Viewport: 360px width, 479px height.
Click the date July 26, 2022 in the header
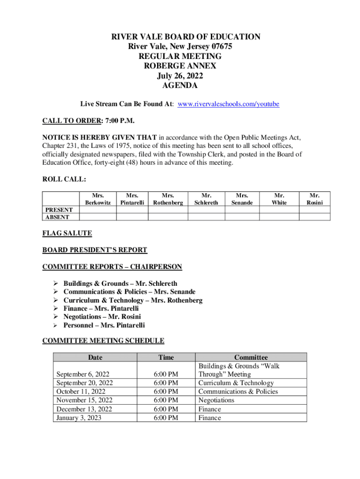[180, 76]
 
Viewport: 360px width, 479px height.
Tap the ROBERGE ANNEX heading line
[180, 66]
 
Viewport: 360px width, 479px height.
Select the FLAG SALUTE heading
[67, 233]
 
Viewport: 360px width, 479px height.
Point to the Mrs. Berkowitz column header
[98, 199]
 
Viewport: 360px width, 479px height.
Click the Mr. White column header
[279, 199]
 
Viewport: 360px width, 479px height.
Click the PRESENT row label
[58, 210]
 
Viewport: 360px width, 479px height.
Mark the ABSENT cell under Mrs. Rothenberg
[168, 217]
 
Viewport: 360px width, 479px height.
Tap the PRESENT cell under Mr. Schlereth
[206, 210]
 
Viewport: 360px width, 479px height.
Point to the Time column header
[166, 357]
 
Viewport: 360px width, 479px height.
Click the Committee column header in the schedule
[251, 357]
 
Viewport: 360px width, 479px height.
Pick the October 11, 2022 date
[81, 392]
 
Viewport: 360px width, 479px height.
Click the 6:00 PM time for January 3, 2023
[166, 418]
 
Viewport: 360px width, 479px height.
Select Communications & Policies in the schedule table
[238, 392]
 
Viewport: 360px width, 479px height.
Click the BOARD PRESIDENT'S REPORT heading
[95, 250]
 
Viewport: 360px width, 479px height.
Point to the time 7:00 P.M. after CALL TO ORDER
[120, 121]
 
